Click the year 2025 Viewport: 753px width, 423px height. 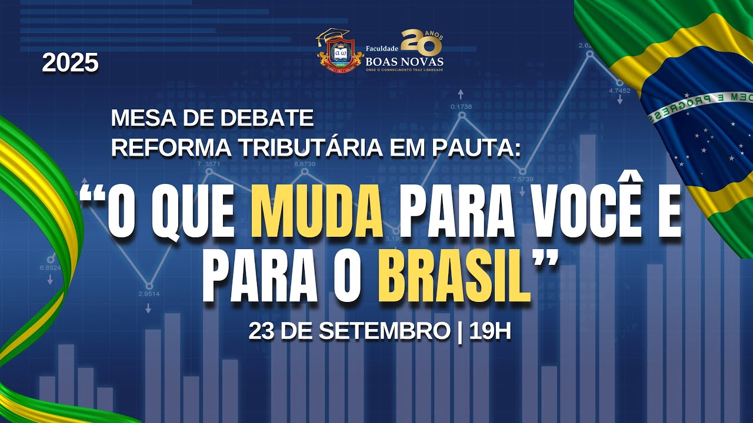[x=70, y=63]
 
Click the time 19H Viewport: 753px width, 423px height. [x=490, y=331]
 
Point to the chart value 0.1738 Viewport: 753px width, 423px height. [x=461, y=106]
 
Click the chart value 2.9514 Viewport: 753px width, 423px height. [x=149, y=294]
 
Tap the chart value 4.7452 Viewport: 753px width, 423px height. [x=619, y=90]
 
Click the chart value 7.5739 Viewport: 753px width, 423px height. [x=522, y=179]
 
